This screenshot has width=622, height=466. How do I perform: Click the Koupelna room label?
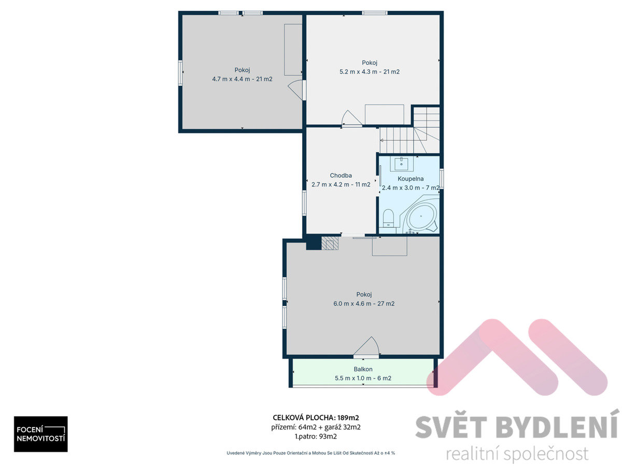pyautogui.click(x=411, y=179)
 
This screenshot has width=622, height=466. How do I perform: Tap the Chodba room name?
pyautogui.click(x=341, y=176)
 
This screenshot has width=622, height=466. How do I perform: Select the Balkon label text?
pyautogui.click(x=363, y=369)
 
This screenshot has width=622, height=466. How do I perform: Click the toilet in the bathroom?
pyautogui.click(x=388, y=218)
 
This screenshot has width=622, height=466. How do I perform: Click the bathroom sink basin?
pyautogui.click(x=401, y=164)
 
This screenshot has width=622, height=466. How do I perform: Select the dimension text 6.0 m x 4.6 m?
pyautogui.click(x=352, y=303)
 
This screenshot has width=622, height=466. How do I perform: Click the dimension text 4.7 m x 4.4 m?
pyautogui.click(x=231, y=79)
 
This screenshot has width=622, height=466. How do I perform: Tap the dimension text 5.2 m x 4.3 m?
pyautogui.click(x=358, y=71)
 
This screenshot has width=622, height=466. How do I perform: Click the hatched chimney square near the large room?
pyautogui.click(x=330, y=243)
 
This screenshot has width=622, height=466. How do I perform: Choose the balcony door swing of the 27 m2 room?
pyautogui.click(x=366, y=345)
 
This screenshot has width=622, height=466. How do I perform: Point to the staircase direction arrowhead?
pyautogui.click(x=381, y=140)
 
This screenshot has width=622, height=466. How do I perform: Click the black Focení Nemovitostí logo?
pyautogui.click(x=41, y=434)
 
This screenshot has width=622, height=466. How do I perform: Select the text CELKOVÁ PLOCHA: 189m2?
pyautogui.click(x=316, y=418)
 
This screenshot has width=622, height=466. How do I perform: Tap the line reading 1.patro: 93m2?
pyautogui.click(x=316, y=436)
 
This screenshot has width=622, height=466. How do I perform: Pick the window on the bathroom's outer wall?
pyautogui.click(x=442, y=179)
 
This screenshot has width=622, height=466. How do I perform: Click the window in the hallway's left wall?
pyautogui.click(x=304, y=203)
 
